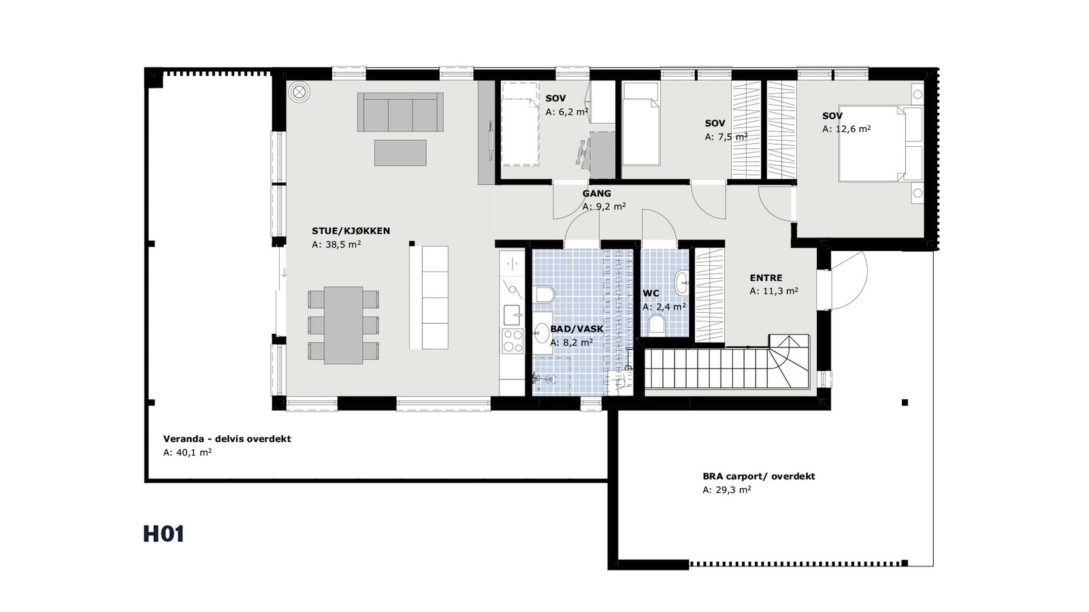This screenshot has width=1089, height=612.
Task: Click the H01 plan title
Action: (163, 534)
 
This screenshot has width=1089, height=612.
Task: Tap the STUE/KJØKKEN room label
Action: (351, 231)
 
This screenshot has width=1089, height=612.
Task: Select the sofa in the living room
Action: (400, 112)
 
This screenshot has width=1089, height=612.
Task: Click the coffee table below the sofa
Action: (400, 153)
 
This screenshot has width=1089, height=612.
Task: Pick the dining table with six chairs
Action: (343, 325)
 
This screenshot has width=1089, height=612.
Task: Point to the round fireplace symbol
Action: (298, 92)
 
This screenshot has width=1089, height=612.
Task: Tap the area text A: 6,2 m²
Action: (566, 112)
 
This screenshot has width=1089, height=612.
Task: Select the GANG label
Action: (596, 194)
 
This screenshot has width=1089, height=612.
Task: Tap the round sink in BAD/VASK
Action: (542, 333)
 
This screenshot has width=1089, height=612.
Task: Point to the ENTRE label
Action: (766, 278)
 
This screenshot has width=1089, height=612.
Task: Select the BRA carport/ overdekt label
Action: (758, 477)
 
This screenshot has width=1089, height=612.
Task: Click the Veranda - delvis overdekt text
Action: (227, 439)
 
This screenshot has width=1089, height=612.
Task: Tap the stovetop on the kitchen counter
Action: (512, 341)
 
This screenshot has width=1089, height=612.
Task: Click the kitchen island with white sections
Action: (429, 298)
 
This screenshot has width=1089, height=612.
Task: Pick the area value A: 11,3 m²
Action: (773, 291)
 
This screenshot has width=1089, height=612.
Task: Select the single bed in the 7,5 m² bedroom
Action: (641, 124)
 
